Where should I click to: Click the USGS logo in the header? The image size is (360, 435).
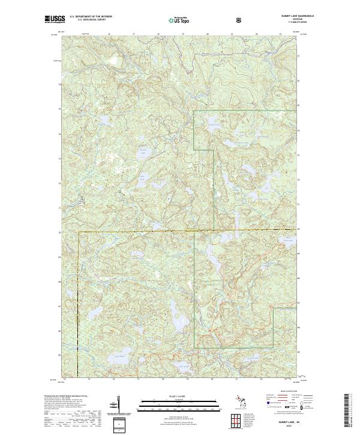[54, 20]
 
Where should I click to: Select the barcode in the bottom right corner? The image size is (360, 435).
[347, 409]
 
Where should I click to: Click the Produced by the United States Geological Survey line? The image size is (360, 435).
[66, 397]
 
